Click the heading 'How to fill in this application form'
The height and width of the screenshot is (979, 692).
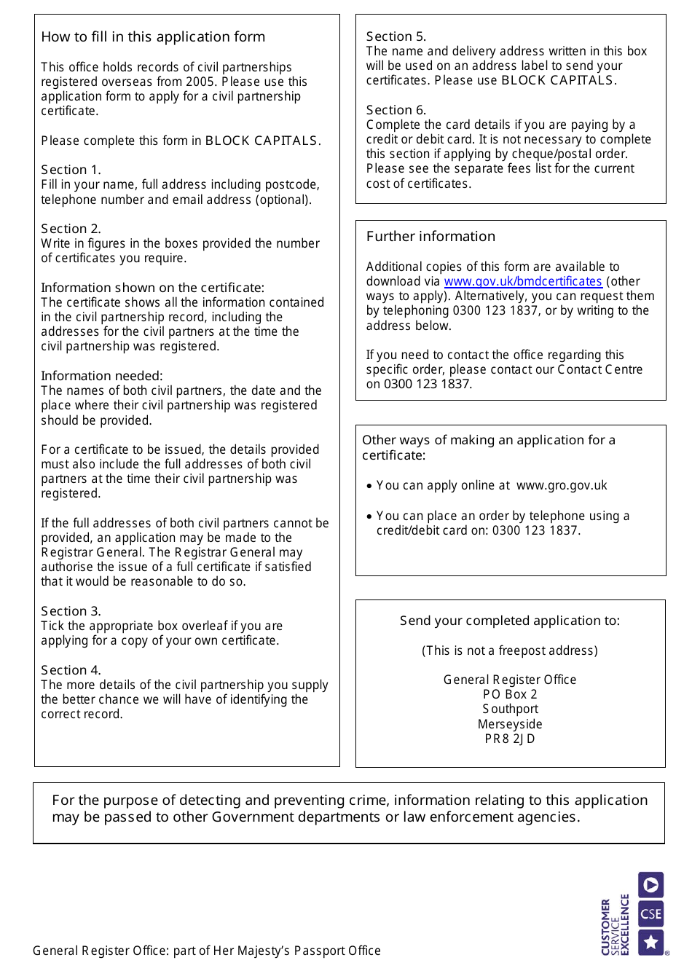tap(153, 37)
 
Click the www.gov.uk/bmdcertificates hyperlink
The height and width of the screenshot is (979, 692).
tap(523, 282)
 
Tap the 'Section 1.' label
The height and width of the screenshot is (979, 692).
tap(71, 170)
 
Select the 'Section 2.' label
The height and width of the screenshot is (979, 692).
tap(71, 229)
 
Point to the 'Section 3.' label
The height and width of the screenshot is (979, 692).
tap(71, 611)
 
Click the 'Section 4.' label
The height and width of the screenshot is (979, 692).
tap(71, 670)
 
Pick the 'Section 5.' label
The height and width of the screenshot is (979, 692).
tap(396, 36)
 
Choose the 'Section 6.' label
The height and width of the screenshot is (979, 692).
tap(396, 110)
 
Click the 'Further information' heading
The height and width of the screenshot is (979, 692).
tap(430, 237)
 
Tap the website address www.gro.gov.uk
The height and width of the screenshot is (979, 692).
tap(562, 486)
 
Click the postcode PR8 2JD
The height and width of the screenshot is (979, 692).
tap(510, 739)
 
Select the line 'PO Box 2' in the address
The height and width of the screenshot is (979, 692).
tap(510, 695)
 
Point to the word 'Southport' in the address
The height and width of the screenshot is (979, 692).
tap(510, 709)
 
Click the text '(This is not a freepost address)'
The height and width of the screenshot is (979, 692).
tap(510, 651)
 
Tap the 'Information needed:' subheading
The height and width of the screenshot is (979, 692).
tap(102, 376)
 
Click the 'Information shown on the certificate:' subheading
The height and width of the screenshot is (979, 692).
tap(152, 288)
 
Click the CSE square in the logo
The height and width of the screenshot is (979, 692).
tap(650, 914)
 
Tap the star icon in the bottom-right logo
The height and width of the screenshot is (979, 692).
tap(650, 943)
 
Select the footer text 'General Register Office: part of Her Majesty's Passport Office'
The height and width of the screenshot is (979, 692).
tap(207, 951)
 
